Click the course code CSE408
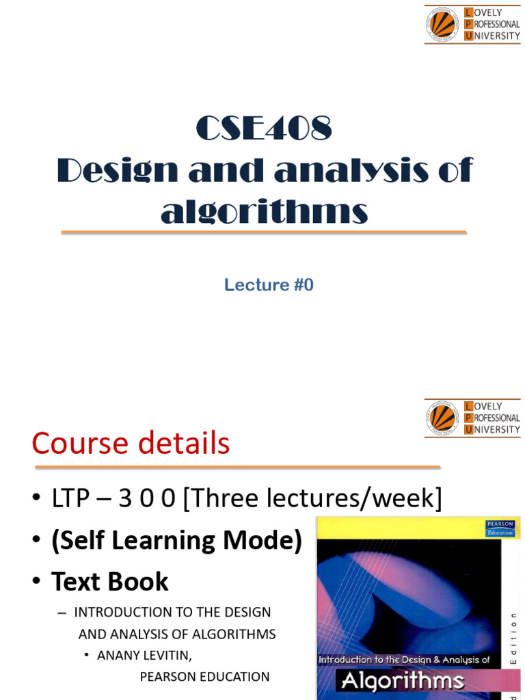[264, 129]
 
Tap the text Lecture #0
[269, 285]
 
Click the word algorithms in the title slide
[265, 212]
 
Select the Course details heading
[131, 444]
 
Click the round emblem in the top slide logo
[442, 24]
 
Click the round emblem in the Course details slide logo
[442, 418]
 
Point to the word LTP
[72, 498]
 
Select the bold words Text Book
[109, 582]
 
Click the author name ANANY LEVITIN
[144, 656]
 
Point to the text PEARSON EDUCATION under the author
[204, 677]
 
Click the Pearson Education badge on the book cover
[500, 528]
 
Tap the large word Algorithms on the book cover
[403, 681]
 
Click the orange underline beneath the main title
[264, 233]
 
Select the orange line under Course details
[237, 468]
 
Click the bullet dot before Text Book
[37, 582]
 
